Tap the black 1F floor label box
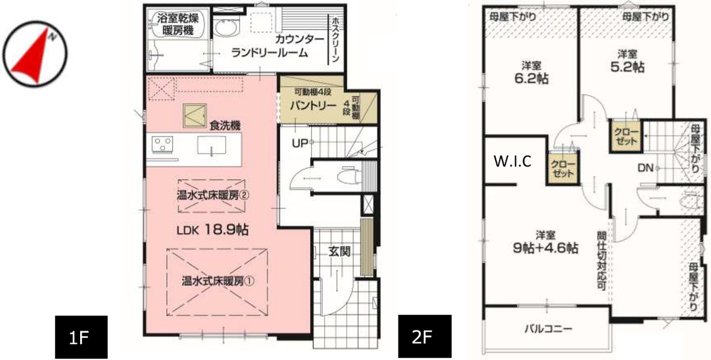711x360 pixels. [x=81, y=337]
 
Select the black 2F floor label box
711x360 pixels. [x=425, y=336]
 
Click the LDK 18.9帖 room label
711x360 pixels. [x=212, y=229]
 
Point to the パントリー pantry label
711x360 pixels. [x=313, y=106]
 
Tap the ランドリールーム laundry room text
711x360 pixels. [x=270, y=53]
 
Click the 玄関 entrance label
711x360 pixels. [x=339, y=252]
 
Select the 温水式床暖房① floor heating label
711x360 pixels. [x=218, y=281]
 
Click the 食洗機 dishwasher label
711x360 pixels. [x=225, y=126]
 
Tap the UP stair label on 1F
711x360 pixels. [x=300, y=143]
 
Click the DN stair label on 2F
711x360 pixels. [x=645, y=168]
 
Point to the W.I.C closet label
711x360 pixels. [x=513, y=161]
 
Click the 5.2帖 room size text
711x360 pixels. [x=628, y=67]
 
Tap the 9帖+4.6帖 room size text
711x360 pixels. [x=546, y=248]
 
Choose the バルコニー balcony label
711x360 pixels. [x=548, y=328]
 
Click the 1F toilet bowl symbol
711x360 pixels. [x=349, y=176]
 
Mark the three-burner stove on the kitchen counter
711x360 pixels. [x=162, y=144]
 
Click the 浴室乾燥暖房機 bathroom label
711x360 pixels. [x=177, y=24]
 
